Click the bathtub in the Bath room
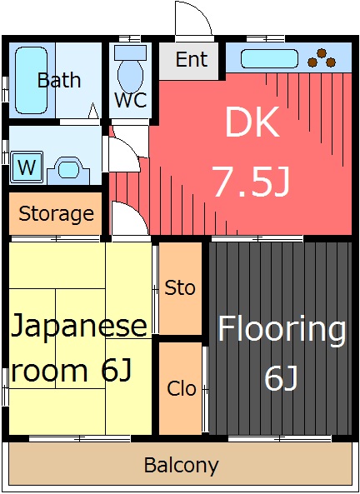31,80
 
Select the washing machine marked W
27,167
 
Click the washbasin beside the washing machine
68,171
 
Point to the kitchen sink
269,58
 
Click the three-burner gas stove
322,58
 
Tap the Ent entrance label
192,59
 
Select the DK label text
252,122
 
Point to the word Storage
56,214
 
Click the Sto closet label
180,287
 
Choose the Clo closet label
182,388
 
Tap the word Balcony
182,466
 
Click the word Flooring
282,330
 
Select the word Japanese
79,326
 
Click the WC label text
131,100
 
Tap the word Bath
59,80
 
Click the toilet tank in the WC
130,52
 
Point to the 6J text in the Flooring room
281,378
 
